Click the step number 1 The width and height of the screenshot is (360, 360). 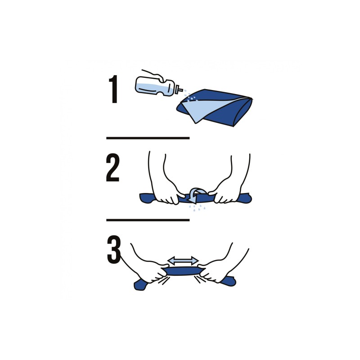(113, 89)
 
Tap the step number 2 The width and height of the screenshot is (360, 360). (113, 167)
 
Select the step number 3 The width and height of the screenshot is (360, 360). (114, 250)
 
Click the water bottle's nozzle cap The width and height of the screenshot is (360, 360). (179, 89)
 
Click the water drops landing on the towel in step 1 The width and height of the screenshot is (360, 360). (191, 97)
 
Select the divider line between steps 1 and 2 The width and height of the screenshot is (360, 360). (148, 138)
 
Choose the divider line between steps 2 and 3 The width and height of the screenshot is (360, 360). (148, 220)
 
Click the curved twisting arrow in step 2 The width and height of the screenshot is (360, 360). (196, 195)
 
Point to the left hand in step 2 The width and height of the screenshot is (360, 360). (165, 184)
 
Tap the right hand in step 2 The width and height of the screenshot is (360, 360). (229, 184)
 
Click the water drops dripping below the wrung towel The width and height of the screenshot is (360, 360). (197, 208)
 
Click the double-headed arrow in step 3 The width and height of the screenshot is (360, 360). (183, 261)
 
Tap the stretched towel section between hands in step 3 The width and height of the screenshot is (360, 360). (183, 271)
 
